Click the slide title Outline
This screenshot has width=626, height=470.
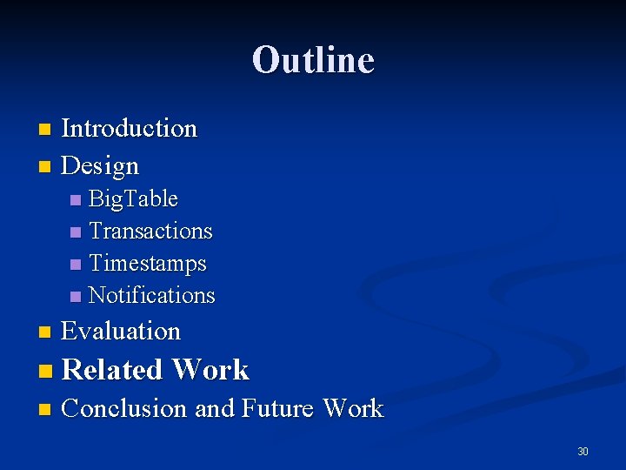[313, 60]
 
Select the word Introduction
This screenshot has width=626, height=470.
[130, 129]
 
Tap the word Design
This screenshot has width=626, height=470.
[100, 165]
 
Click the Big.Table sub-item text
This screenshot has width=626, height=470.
[133, 199]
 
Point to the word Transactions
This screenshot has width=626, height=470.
[150, 232]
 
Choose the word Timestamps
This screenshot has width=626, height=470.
[148, 263]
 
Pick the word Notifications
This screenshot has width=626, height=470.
[151, 295]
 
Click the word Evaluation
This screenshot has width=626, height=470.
[121, 332]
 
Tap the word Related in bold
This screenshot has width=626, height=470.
[113, 370]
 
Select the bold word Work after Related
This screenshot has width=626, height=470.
[210, 370]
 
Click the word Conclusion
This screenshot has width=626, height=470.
[124, 408]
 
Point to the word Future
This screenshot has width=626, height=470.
[278, 408]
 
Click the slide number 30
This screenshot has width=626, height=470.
[583, 452]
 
